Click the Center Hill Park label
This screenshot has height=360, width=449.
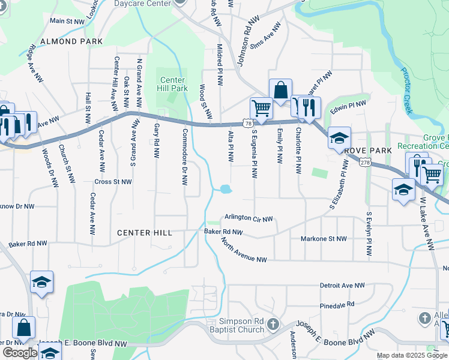click(172, 84)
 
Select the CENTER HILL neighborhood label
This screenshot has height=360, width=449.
click(145, 233)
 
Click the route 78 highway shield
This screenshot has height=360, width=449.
click(247, 123)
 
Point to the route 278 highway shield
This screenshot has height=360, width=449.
click(366, 163)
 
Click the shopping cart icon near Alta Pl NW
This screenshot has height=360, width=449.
click(262, 109)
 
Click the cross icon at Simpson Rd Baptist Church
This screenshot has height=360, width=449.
click(273, 325)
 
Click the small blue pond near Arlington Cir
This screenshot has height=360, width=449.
click(226, 190)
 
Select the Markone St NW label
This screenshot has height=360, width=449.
click(324, 239)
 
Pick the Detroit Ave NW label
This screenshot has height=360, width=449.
click(343, 286)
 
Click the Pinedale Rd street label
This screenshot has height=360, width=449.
click(337, 305)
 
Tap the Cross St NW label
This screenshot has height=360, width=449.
click(112, 181)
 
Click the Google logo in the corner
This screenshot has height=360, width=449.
click(20, 352)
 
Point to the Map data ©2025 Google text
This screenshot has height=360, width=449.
click(412, 355)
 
